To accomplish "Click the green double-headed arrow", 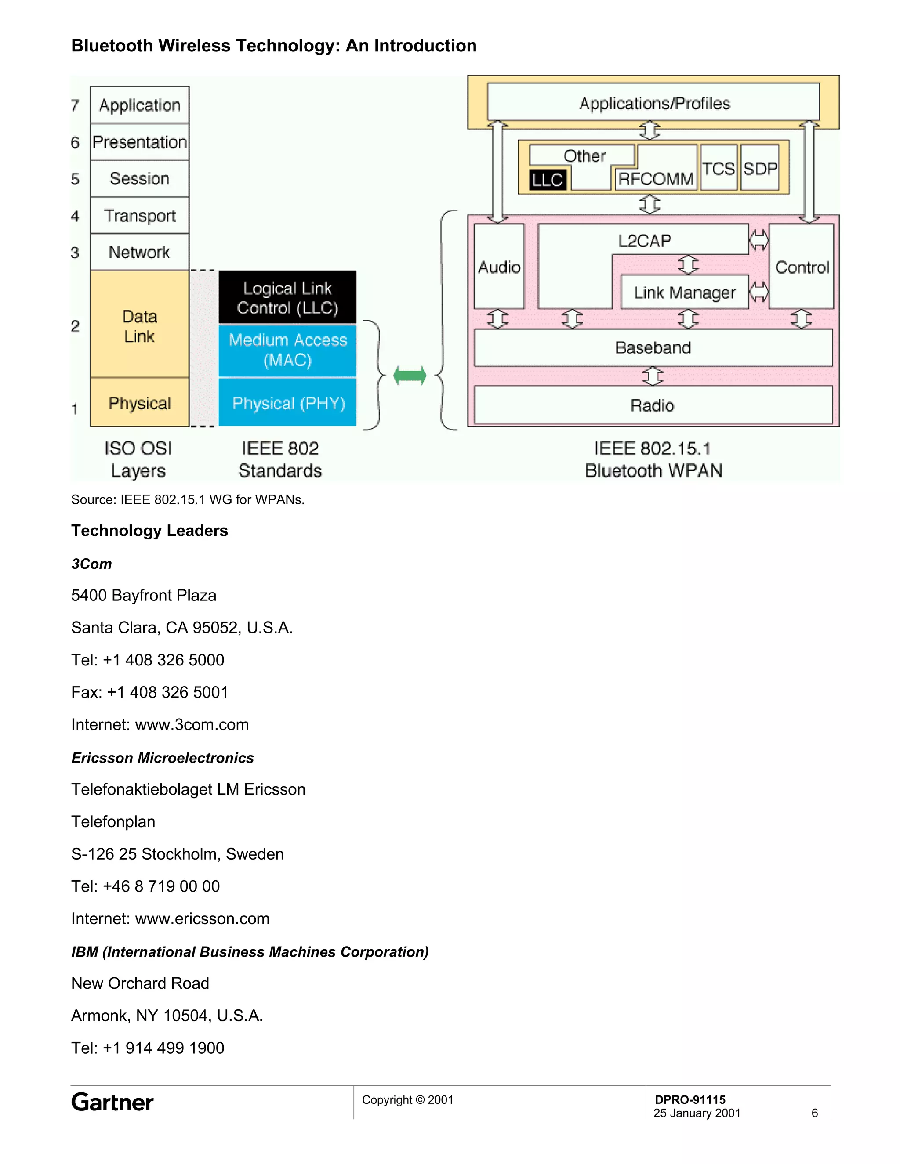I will [410, 376].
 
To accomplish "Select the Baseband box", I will [653, 347].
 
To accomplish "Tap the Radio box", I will [653, 405].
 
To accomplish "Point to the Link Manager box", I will [685, 292].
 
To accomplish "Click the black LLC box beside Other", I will [548, 180].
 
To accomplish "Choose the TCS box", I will [718, 168].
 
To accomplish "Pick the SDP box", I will [760, 168].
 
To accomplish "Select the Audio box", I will [499, 267].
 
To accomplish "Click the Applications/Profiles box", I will [653, 103].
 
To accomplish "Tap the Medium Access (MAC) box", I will [287, 350].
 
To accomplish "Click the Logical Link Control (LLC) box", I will [287, 297].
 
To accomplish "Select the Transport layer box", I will [140, 215].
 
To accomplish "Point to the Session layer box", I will [140, 178].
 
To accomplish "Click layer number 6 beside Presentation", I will [75, 142].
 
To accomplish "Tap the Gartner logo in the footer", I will [112, 1102].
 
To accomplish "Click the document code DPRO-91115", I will [690, 1099].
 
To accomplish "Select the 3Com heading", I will [92, 564].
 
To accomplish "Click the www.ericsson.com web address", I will [202, 918].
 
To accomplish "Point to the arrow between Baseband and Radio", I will [653, 376].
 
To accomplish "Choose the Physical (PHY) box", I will [288, 403].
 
